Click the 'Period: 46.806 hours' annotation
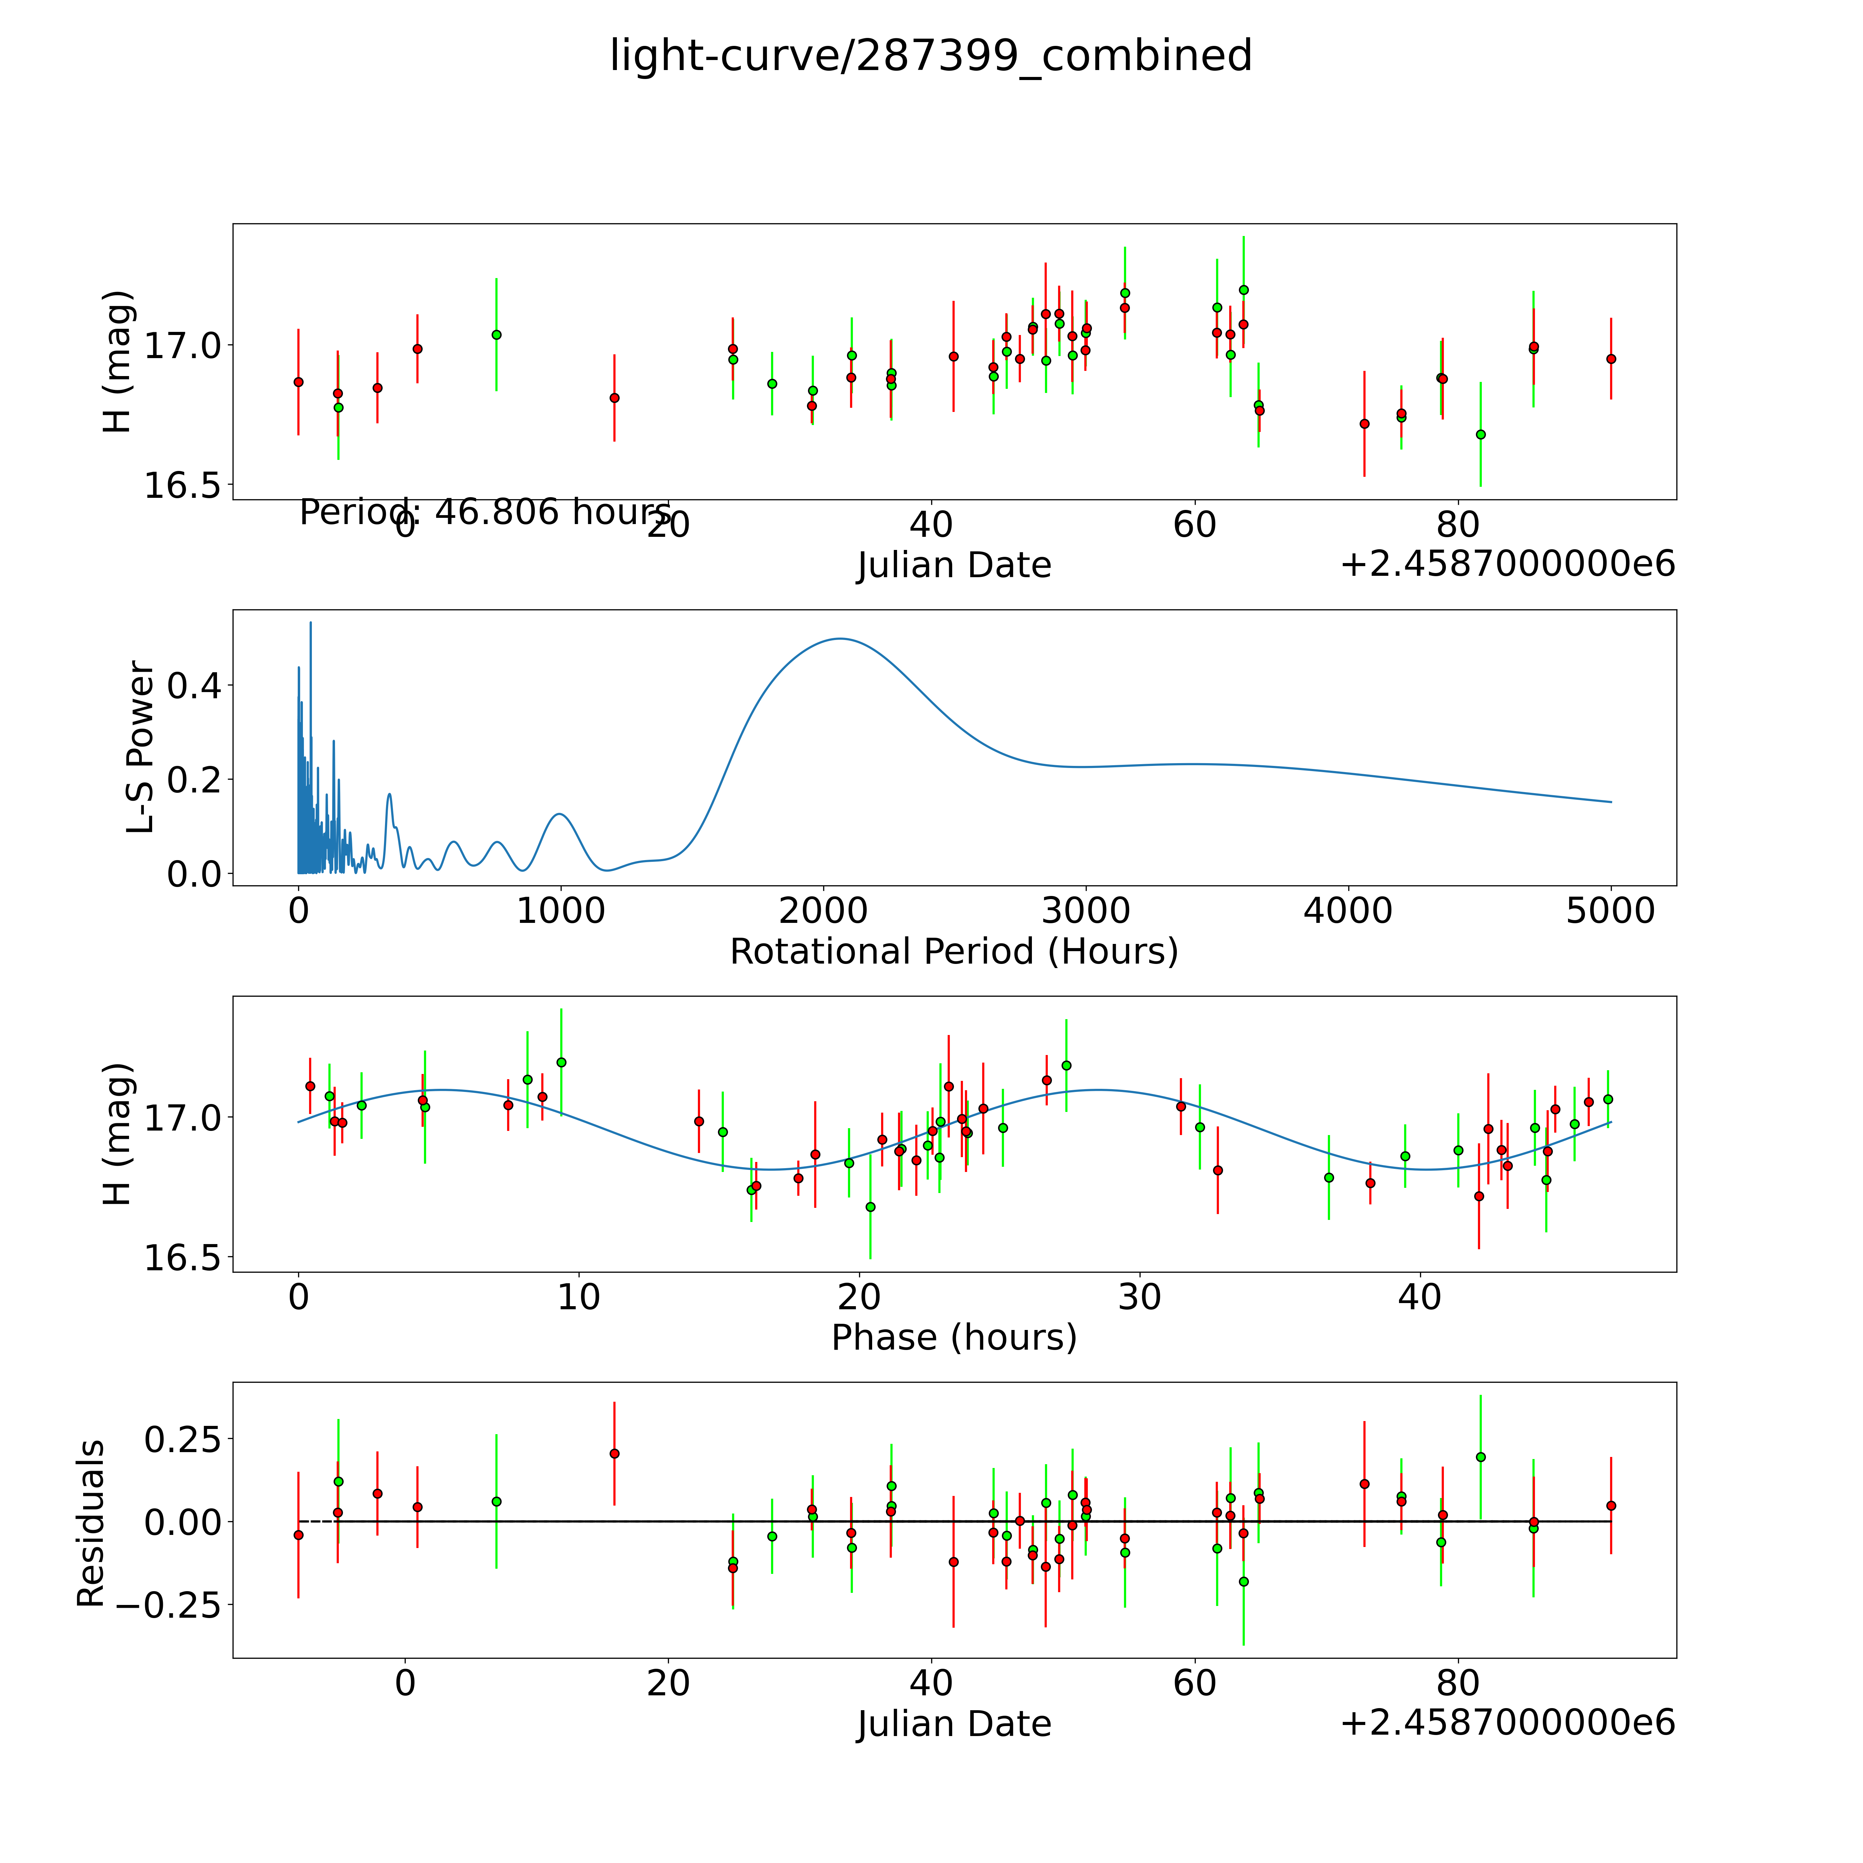(485, 512)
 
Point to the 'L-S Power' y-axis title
(141, 747)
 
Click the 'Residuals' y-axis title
(91, 1524)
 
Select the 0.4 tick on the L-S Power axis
(195, 686)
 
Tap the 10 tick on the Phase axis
(579, 1297)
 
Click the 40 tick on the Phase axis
(1419, 1297)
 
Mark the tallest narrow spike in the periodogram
(310, 623)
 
